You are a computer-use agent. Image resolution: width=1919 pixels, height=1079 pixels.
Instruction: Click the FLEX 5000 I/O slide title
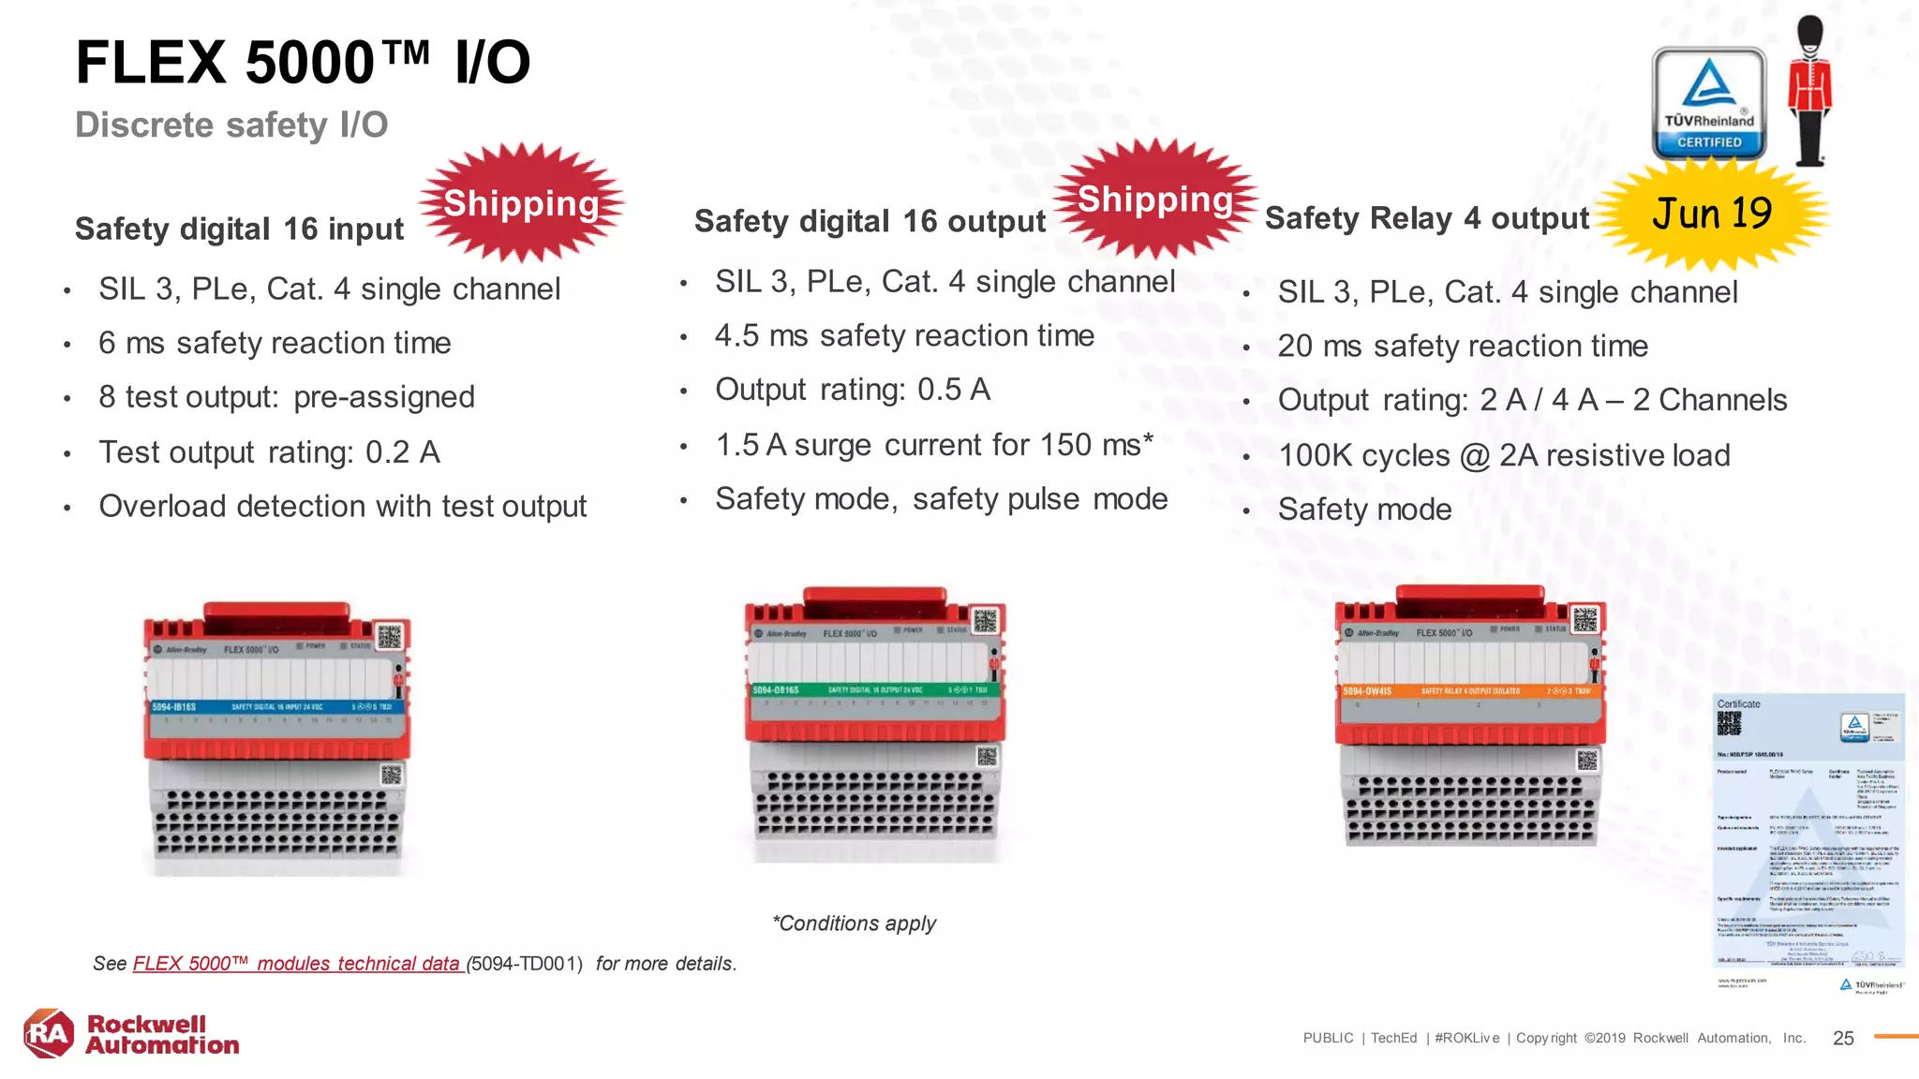[x=302, y=63]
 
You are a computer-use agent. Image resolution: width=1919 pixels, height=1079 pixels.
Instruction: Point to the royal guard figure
[x=1809, y=92]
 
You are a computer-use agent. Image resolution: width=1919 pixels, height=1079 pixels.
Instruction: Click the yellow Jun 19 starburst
[x=1712, y=214]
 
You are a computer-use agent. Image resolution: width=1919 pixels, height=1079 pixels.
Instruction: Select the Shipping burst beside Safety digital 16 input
[x=521, y=203]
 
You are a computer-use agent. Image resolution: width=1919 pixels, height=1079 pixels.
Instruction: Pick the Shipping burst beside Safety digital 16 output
[x=1154, y=200]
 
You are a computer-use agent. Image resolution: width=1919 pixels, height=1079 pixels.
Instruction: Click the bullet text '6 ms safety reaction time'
[x=275, y=343]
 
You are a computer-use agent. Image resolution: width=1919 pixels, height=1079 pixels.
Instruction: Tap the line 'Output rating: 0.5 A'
[x=852, y=390]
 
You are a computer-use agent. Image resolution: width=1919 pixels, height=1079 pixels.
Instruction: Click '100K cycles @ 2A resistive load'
[x=1504, y=455]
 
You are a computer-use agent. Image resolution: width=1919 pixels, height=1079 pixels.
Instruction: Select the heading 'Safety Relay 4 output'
[x=1426, y=218]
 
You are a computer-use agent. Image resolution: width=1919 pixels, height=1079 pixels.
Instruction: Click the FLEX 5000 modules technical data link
[x=298, y=964]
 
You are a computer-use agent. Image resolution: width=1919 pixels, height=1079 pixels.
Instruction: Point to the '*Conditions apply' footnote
[x=854, y=924]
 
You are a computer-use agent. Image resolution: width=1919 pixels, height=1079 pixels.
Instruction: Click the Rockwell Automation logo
[x=131, y=1034]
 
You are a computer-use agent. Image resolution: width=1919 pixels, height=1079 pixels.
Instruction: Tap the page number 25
[x=1843, y=1038]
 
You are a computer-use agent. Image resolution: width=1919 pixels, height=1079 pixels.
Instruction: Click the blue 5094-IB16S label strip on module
[x=277, y=706]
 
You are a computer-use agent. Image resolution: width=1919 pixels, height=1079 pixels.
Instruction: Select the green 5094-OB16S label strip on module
[x=873, y=690]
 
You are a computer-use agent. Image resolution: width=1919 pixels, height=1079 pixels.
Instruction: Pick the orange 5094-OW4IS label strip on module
[x=1467, y=691]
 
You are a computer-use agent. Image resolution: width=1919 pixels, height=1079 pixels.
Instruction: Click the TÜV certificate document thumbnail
[x=1808, y=834]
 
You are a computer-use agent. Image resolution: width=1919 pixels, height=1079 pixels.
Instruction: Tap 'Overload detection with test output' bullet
[x=342, y=507]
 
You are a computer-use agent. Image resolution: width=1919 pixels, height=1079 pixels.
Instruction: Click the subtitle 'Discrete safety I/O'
[x=231, y=125]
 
